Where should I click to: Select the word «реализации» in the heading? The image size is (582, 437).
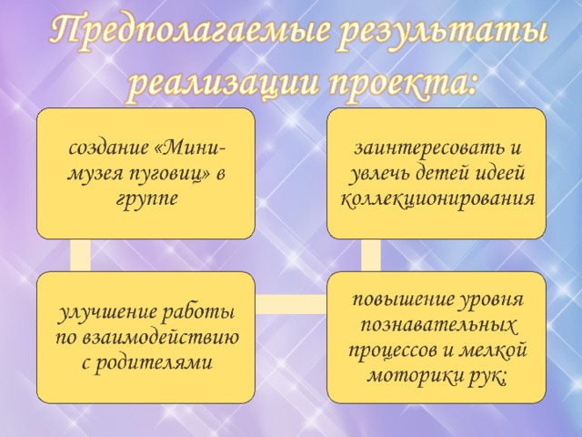[222, 84]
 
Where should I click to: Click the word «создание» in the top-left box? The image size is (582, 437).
[109, 148]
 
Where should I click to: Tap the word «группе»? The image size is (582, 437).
[146, 199]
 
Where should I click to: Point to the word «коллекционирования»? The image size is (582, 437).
[438, 198]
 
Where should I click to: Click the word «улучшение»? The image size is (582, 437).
[110, 311]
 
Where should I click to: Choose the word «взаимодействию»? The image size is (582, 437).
[161, 338]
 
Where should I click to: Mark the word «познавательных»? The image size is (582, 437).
[438, 325]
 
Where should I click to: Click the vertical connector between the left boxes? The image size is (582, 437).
[80, 255]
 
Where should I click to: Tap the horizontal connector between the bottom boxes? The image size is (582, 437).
[291, 304]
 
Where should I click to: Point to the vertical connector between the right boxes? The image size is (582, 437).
[370, 255]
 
